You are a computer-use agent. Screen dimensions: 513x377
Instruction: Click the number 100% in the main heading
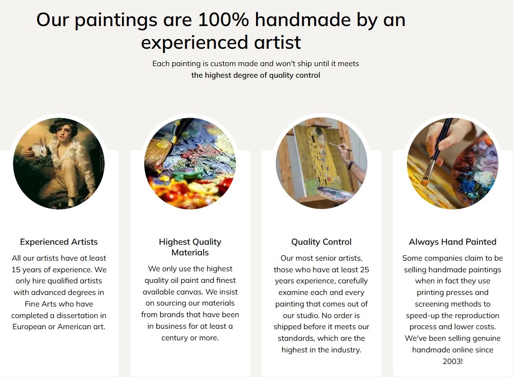click(223, 20)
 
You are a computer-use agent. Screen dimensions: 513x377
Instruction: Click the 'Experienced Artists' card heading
click(59, 242)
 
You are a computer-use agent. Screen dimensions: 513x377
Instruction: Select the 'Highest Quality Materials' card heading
click(190, 247)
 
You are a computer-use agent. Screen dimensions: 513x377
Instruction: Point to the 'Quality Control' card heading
click(321, 242)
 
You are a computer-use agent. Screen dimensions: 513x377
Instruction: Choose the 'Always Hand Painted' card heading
click(452, 242)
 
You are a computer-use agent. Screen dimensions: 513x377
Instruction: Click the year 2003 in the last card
click(451, 361)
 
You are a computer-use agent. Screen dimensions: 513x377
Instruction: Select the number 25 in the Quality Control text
click(364, 269)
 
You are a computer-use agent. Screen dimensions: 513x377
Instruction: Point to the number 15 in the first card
click(16, 269)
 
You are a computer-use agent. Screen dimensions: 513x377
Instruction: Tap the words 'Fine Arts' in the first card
click(40, 304)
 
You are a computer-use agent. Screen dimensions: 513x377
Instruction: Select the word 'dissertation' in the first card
click(77, 315)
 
